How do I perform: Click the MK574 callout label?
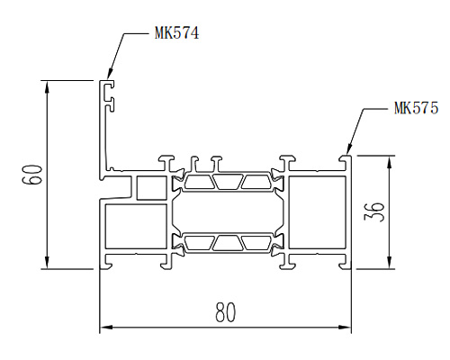[176, 33]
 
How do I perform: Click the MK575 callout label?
[416, 108]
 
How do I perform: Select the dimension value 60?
[32, 175]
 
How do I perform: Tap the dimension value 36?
[374, 211]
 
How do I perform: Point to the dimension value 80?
[226, 312]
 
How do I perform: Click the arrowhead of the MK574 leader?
[110, 74]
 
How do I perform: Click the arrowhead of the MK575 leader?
[349, 149]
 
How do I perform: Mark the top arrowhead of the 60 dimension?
[47, 87]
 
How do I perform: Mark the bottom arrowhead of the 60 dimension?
[47, 263]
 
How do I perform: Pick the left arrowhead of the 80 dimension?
[106, 327]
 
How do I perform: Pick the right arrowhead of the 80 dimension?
[345, 327]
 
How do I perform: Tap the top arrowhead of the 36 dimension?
[390, 162]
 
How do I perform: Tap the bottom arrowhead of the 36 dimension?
[390, 263]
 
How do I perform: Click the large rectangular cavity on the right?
[318, 212]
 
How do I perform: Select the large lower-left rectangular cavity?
[136, 227]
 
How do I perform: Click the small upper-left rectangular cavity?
[151, 188]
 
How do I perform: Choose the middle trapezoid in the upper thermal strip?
[228, 182]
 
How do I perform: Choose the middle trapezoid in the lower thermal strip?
[228, 243]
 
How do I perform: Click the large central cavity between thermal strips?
[228, 212]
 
